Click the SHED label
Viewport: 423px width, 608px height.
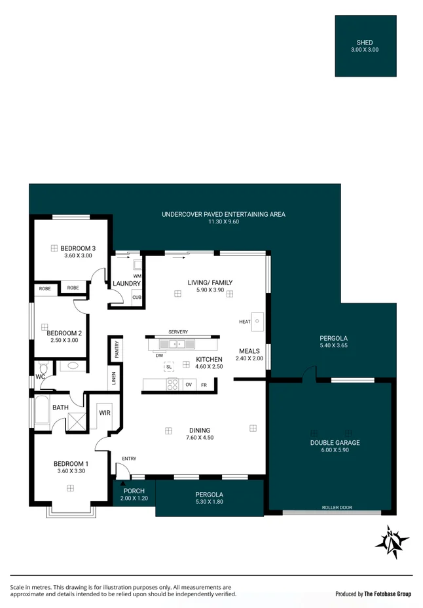(x=365, y=43)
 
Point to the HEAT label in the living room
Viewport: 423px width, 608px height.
(x=245, y=322)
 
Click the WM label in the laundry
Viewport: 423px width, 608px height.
(x=137, y=276)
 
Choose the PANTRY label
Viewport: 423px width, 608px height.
(x=117, y=349)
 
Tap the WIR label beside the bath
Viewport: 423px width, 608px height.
(x=104, y=413)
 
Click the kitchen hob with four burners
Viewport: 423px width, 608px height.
(x=172, y=385)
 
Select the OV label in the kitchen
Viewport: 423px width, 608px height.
(x=189, y=385)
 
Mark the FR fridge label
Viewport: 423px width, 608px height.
(x=204, y=385)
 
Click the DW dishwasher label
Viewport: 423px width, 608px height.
(x=159, y=356)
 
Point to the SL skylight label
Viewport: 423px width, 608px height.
(x=168, y=367)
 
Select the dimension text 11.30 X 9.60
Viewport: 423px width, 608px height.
(x=223, y=222)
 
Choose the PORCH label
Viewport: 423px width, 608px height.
(x=134, y=491)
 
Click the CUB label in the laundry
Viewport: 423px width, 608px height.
(x=136, y=297)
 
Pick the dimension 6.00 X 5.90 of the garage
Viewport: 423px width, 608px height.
(x=335, y=450)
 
